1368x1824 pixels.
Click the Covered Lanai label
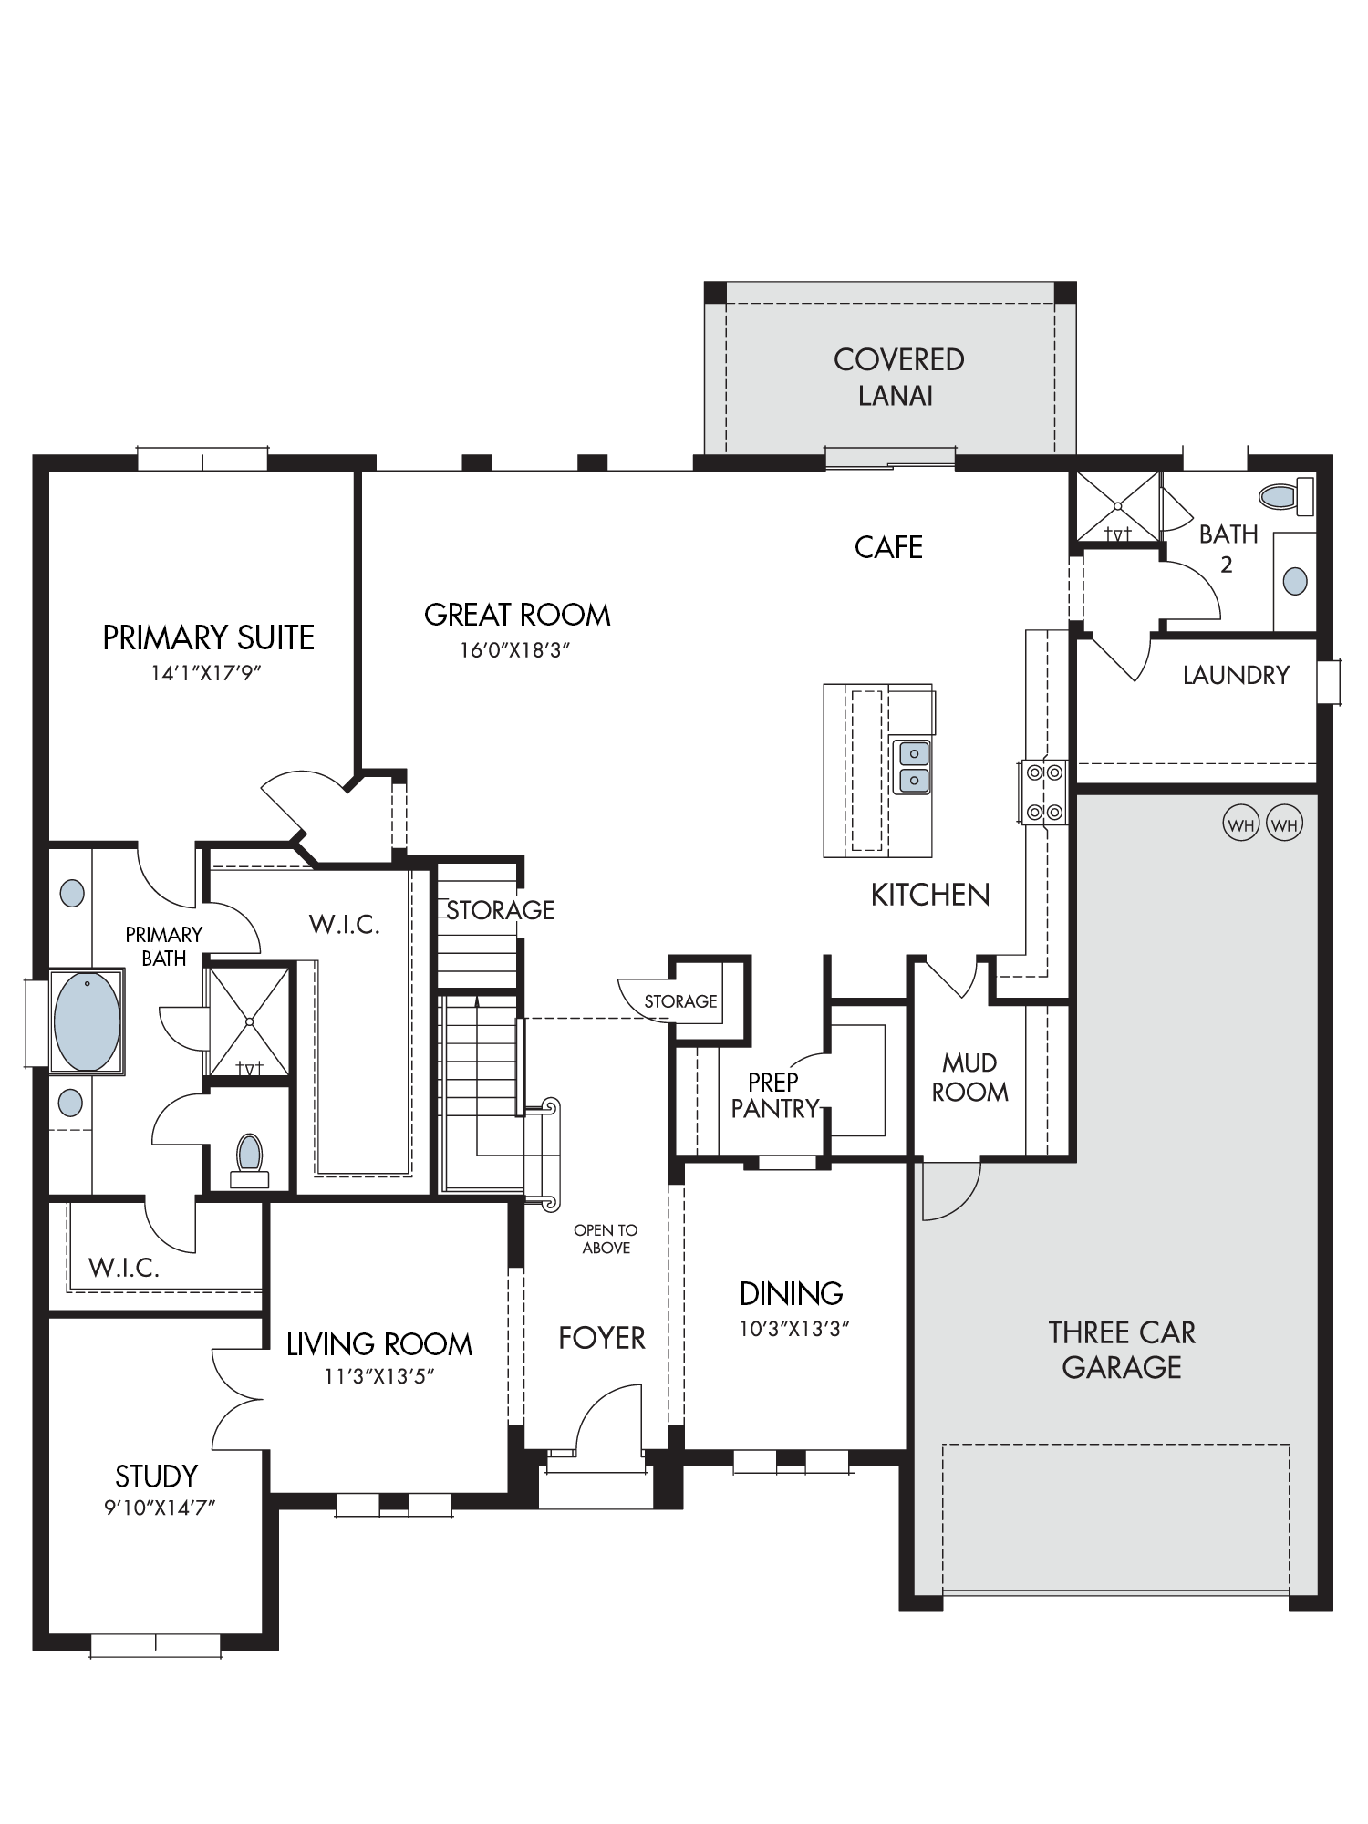pos(898,377)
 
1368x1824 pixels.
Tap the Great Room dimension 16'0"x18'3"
pos(516,650)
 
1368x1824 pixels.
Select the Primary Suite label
pos(208,637)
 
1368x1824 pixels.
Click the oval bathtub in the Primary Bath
pos(87,1021)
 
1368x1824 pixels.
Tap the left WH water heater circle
pos(1240,826)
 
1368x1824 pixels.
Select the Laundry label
pos(1236,675)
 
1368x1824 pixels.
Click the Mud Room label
pos(969,1077)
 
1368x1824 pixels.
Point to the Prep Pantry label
pos(775,1095)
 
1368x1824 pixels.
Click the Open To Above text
pos(606,1238)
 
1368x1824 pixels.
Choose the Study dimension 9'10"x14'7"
pos(159,1508)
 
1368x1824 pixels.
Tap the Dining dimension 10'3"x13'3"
pos(793,1329)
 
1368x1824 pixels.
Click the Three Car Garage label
pos(1122,1350)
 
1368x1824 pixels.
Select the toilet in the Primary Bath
pos(249,1159)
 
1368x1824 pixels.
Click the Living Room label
pos(379,1344)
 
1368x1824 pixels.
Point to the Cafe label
pos(888,547)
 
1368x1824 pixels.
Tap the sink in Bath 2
pos(1294,580)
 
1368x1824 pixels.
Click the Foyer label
pos(602,1338)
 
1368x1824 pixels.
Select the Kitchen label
pos(930,895)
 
